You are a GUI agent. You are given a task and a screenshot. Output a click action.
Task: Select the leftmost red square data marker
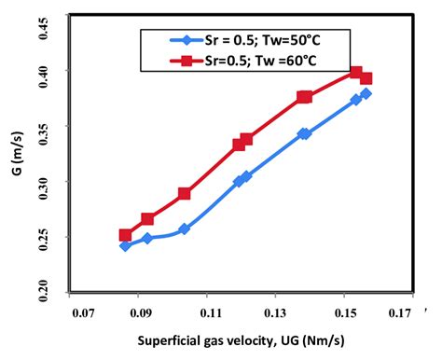point(125,235)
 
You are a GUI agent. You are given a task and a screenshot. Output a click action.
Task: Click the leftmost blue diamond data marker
point(125,245)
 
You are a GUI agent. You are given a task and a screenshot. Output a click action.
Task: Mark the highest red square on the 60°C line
point(356,72)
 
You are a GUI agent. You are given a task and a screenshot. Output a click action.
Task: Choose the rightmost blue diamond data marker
point(366,93)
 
